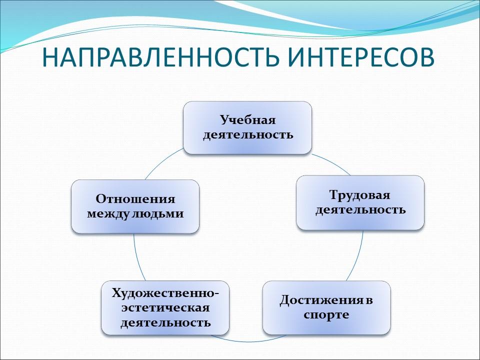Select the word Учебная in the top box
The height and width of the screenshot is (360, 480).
click(x=247, y=120)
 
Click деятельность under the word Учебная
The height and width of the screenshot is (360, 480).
click(x=247, y=135)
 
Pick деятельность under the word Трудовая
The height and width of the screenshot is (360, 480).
click(x=360, y=209)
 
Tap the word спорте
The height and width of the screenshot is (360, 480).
click(x=326, y=315)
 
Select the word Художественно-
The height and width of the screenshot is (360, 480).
click(x=165, y=292)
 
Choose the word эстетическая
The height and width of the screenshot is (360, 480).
click(x=165, y=307)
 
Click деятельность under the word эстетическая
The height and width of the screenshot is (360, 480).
click(x=165, y=322)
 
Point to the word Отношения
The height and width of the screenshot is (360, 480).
click(x=135, y=199)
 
